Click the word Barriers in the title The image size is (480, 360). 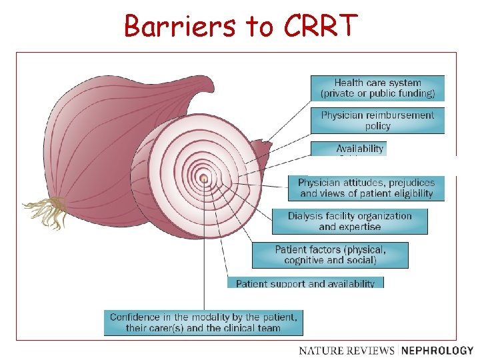click(x=180, y=26)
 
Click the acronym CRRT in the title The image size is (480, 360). click(x=320, y=26)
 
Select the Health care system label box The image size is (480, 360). click(x=377, y=88)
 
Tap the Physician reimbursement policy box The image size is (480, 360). click(x=377, y=120)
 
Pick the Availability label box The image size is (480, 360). click(x=360, y=149)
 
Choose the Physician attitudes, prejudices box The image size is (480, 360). click(x=366, y=188)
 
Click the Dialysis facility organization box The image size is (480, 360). click(x=349, y=221)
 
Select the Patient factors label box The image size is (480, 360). click(x=330, y=255)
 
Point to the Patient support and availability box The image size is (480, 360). click(x=305, y=283)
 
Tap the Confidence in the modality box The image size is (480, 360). click(x=203, y=323)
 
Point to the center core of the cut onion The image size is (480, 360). click(x=203, y=178)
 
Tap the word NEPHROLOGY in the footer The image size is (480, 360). click(x=438, y=350)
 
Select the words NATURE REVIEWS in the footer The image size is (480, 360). click(x=347, y=350)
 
